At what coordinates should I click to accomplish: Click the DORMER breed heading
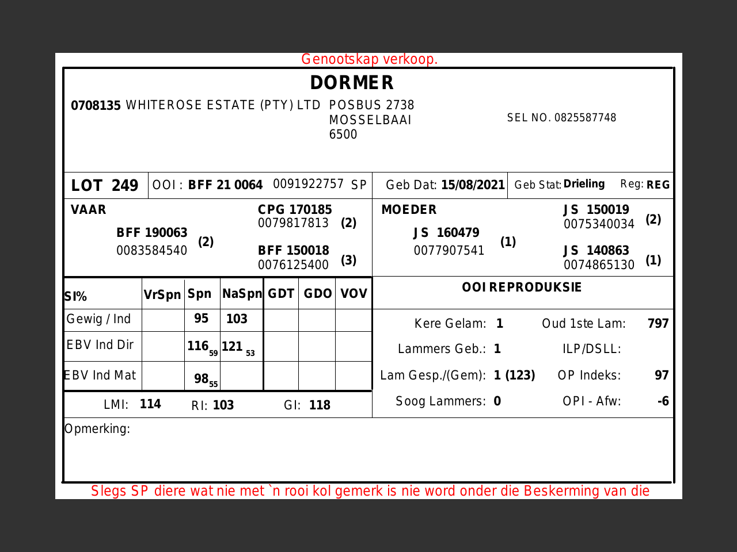point(352,83)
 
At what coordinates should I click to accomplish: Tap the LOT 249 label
point(105,186)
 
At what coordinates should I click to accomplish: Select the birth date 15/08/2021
point(473,185)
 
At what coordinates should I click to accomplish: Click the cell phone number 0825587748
point(585,118)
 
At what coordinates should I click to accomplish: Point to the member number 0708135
point(96,106)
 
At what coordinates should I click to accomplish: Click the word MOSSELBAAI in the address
point(370,120)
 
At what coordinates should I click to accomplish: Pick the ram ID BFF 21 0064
point(225,185)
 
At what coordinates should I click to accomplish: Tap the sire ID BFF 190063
point(152,233)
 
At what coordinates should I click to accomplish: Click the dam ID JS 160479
point(446,233)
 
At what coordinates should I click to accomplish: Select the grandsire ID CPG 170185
point(295,210)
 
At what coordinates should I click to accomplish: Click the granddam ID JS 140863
point(596,251)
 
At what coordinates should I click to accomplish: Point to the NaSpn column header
point(242,294)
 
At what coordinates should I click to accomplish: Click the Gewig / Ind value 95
point(201,319)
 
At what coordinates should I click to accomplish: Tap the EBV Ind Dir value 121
point(232,346)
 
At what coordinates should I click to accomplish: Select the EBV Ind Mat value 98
point(201,378)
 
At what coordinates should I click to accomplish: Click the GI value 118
point(320,405)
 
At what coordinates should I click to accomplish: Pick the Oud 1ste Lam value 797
point(658,324)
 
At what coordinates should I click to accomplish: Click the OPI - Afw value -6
point(663,401)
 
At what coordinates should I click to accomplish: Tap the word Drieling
point(584,184)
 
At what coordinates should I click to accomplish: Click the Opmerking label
point(97,429)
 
